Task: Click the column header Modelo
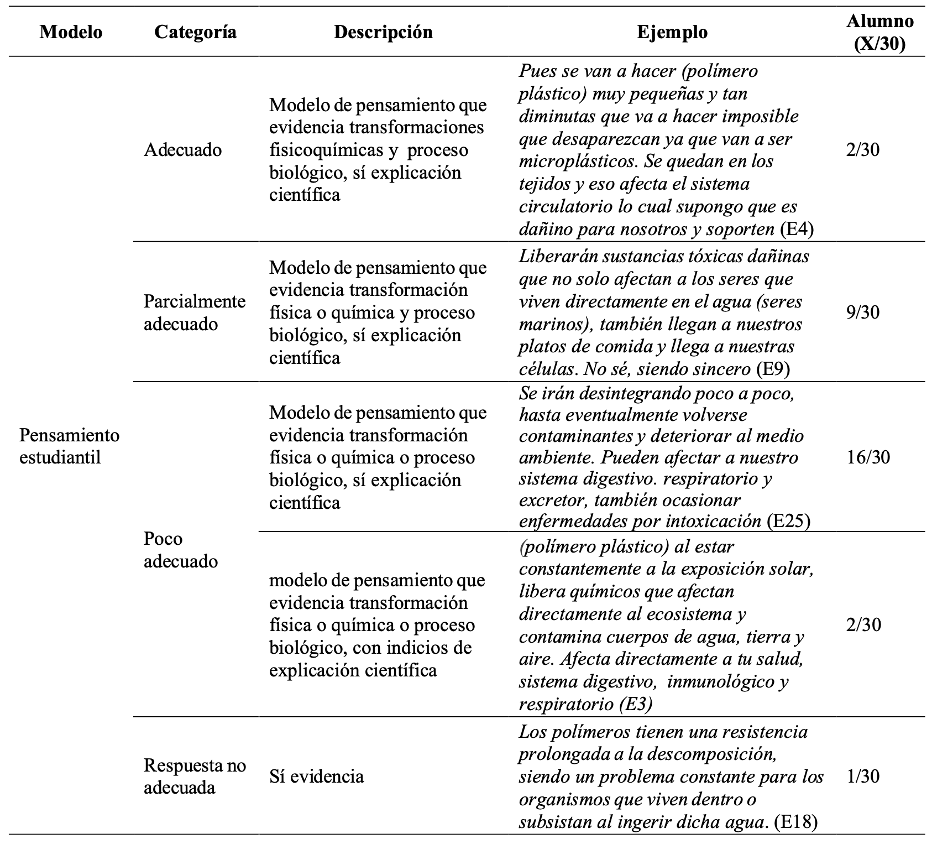(x=71, y=32)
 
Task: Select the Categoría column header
(x=195, y=32)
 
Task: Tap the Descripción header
(x=383, y=32)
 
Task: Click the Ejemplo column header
(x=672, y=32)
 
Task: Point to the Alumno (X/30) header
(x=880, y=32)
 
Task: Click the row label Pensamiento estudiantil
(x=69, y=446)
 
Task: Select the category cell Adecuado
(x=182, y=150)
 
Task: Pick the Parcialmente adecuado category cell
(x=195, y=312)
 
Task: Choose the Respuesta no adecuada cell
(x=195, y=776)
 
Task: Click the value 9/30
(x=862, y=312)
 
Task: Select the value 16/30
(x=868, y=457)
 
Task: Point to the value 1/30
(x=862, y=777)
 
